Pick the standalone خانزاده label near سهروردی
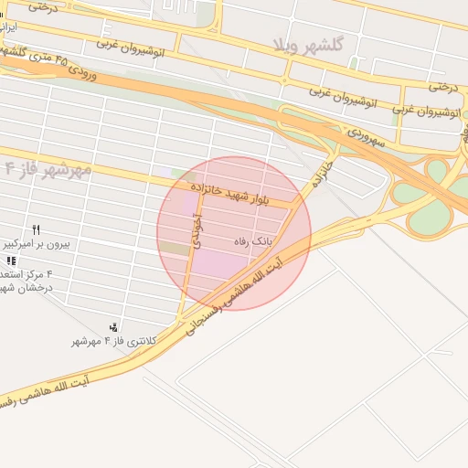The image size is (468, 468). point(320,175)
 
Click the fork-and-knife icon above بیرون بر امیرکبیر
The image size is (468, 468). point(37,229)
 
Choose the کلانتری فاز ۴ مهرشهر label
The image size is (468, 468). point(115,341)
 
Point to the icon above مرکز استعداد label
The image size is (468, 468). point(11,261)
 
